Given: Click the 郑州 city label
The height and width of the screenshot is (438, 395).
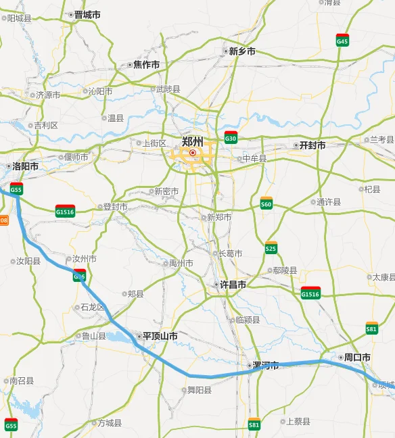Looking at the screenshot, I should [193, 141].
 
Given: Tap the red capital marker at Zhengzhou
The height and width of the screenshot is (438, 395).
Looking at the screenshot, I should [193, 153].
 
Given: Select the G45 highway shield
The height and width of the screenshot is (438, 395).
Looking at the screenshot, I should [342, 40].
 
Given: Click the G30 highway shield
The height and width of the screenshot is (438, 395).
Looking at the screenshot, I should [231, 137].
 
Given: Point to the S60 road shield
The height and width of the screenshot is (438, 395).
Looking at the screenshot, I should [266, 203].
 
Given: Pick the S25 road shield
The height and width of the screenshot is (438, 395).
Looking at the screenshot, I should [271, 247].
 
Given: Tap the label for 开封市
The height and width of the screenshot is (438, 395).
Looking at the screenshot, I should [312, 145].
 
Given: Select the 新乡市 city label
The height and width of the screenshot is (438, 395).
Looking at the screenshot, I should [241, 51].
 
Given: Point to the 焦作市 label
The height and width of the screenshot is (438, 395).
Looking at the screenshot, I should [146, 65].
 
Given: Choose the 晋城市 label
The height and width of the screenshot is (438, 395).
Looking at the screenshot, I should [87, 14].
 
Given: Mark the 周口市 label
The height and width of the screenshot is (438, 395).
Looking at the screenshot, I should [357, 357].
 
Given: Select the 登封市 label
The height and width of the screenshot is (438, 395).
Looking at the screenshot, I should [114, 207].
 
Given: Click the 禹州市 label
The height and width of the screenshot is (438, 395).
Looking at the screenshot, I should [181, 263].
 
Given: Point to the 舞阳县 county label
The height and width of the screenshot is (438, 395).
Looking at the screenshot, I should [199, 390].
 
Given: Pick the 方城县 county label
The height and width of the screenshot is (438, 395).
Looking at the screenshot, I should [109, 423].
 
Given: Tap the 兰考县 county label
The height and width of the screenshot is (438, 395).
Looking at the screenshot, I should [381, 139].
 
